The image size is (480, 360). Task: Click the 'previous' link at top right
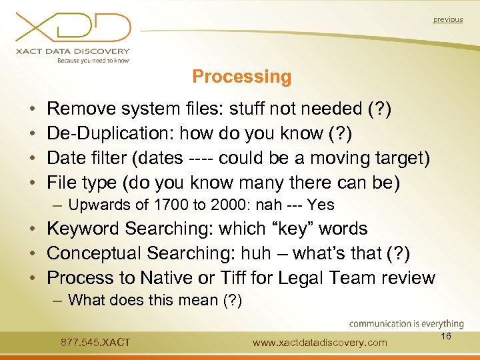pyautogui.click(x=447, y=19)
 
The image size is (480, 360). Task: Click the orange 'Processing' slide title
pyautogui.click(x=241, y=77)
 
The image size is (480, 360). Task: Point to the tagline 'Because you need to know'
pyautogui.click(x=93, y=60)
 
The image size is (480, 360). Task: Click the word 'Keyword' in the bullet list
pyautogui.click(x=83, y=229)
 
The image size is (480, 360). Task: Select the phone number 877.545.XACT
pyautogui.click(x=95, y=343)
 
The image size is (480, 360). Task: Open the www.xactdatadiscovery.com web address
pyautogui.click(x=320, y=343)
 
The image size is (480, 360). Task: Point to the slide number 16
pyautogui.click(x=446, y=337)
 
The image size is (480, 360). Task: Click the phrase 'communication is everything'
pyautogui.click(x=407, y=324)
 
